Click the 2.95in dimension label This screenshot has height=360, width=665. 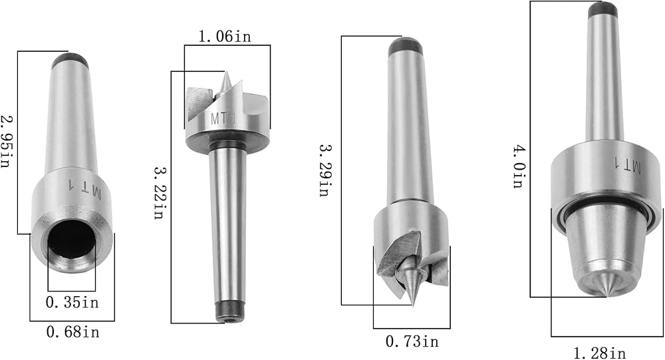tap(5, 141)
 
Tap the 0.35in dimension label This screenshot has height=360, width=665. tap(72, 302)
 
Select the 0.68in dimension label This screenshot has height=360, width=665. tap(73, 331)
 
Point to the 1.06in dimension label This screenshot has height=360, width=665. tap(225, 37)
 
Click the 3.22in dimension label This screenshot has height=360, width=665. tap(159, 192)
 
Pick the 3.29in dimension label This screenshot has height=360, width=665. tap(325, 170)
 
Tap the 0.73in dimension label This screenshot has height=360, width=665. tap(412, 341)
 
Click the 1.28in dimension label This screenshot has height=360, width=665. tap(599, 353)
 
